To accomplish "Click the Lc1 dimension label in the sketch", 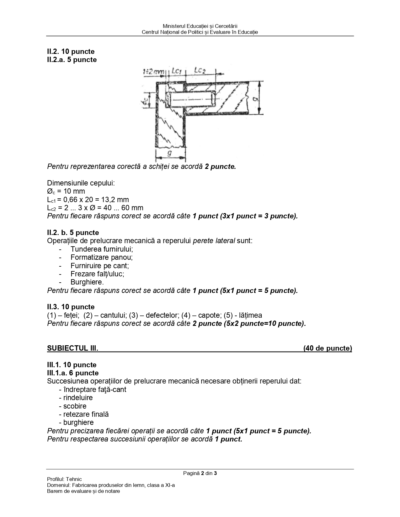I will [177, 71].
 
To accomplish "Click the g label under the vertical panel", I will [169, 153].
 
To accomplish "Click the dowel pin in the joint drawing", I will [192, 99].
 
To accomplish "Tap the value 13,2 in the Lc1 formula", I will [109, 200].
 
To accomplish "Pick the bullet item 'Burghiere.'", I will [87, 282].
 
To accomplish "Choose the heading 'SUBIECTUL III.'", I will [72, 348].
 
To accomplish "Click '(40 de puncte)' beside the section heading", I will [328, 348].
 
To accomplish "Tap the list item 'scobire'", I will [75, 406].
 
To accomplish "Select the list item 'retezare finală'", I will [86, 414].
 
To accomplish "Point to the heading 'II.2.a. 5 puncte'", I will [72, 60].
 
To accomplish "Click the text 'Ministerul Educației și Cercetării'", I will [200, 26].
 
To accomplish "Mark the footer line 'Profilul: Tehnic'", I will [64, 479].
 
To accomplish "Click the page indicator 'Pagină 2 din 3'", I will [200, 473].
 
